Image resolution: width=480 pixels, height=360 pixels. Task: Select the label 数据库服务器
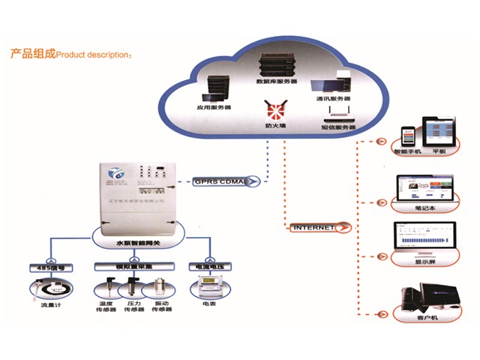(x=277, y=80)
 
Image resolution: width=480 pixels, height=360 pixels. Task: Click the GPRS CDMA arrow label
(x=224, y=180)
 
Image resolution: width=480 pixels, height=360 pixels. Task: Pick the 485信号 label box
(x=49, y=267)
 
